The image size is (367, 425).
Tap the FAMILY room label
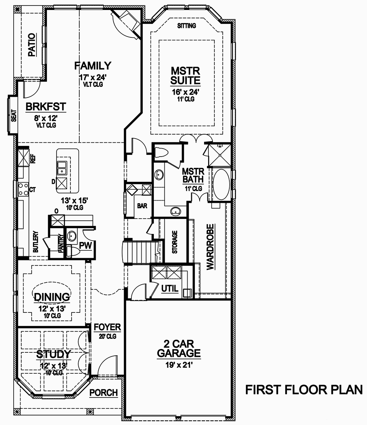[92, 66]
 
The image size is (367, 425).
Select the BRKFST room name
[46, 107]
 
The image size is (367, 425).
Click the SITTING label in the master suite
[187, 26]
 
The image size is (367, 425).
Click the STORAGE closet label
[175, 242]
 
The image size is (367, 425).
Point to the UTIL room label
[170, 289]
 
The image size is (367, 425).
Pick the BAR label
[142, 206]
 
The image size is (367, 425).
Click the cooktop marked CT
[23, 190]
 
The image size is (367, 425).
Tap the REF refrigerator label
[33, 159]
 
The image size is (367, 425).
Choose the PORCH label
[104, 393]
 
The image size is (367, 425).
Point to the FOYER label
[107, 327]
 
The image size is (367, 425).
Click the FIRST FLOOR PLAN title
[304, 389]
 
